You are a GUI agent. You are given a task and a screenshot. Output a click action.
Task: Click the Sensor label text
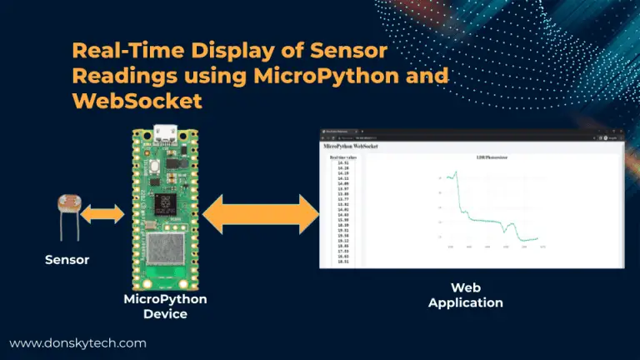(x=67, y=260)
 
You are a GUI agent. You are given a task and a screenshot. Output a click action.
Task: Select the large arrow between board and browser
(x=261, y=215)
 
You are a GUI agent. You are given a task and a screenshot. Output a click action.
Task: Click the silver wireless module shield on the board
(x=163, y=255)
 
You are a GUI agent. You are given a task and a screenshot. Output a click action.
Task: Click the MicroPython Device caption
(x=165, y=306)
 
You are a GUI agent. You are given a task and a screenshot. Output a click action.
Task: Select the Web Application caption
(x=465, y=295)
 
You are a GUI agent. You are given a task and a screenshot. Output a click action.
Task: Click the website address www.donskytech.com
(x=77, y=342)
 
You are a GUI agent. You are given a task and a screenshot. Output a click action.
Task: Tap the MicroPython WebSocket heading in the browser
(x=351, y=146)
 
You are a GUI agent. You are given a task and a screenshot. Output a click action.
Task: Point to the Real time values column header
(x=342, y=157)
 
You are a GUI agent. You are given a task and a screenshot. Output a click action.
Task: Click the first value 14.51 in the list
(x=342, y=162)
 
